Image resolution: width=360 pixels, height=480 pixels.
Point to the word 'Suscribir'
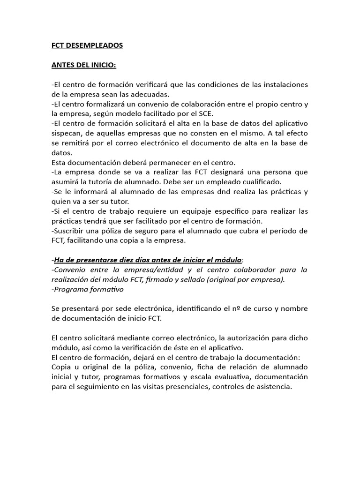69,231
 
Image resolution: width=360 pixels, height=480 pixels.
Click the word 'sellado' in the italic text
201,279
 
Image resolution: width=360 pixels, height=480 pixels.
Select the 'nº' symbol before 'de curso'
221,309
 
